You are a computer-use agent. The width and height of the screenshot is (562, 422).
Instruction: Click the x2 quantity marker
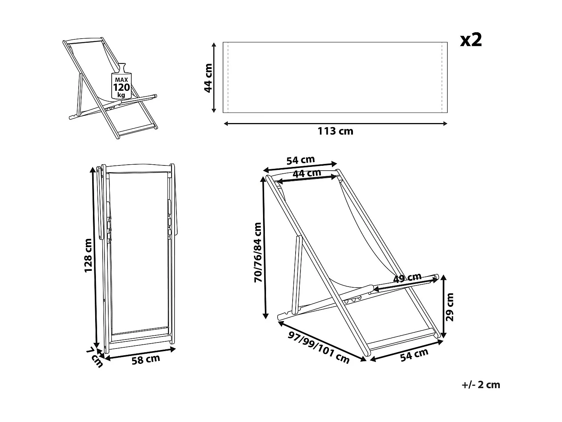[471, 40]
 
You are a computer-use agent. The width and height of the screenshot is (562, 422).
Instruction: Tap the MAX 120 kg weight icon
[121, 85]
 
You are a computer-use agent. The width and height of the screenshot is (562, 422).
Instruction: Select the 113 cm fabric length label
[335, 131]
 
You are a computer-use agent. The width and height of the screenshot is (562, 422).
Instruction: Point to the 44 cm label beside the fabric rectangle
[208, 78]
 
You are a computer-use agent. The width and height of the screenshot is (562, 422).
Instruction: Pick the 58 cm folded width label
[146, 359]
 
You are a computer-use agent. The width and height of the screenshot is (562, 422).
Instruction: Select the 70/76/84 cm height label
[258, 252]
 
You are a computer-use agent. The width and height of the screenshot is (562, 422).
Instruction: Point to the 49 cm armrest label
[407, 278]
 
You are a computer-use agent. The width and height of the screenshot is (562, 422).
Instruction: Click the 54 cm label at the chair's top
[300, 160]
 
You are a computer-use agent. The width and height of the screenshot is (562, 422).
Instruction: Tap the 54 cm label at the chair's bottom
[414, 354]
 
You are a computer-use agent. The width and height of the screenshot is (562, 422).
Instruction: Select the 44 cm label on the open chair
[306, 173]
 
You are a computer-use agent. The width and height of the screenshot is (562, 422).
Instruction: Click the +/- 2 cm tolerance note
[481, 384]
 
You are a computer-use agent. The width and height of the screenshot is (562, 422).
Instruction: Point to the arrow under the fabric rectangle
[335, 123]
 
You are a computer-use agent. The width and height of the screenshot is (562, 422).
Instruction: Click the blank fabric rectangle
[335, 77]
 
